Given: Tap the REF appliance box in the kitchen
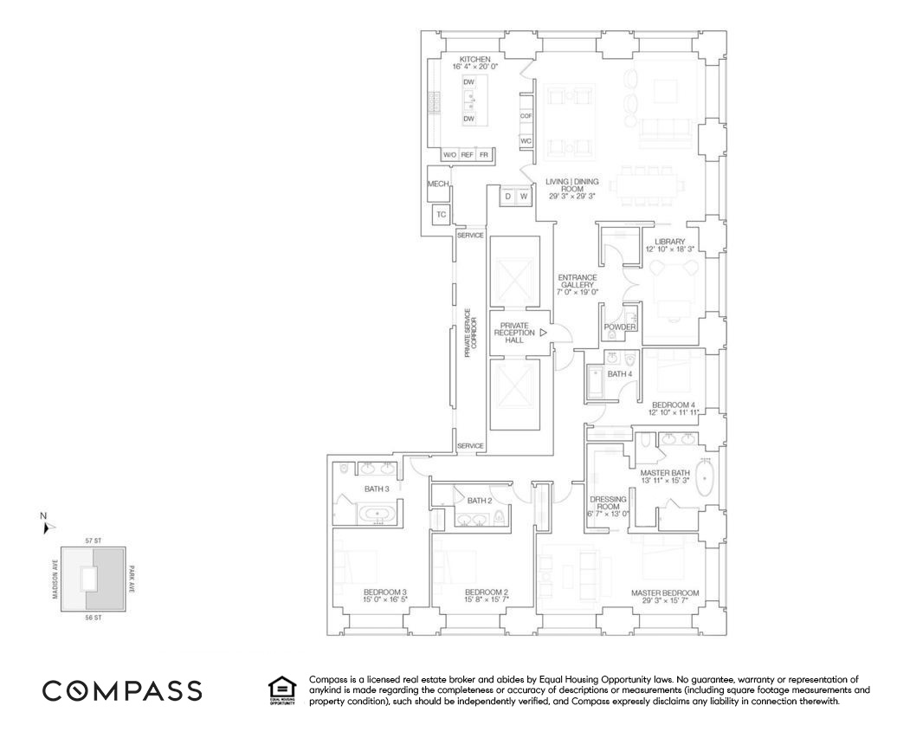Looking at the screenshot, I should [x=468, y=154].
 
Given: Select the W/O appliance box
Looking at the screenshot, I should [x=449, y=154].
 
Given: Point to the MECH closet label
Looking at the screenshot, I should [x=438, y=184].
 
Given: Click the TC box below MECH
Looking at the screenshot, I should [x=441, y=214].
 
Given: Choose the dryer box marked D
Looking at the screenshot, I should [x=507, y=197].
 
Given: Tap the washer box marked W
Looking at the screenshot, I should [x=524, y=197].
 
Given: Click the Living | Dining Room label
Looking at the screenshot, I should [x=572, y=188].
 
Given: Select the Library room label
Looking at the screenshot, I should [x=669, y=244].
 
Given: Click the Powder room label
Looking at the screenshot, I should [x=620, y=327].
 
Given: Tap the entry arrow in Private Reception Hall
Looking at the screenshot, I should [x=543, y=332].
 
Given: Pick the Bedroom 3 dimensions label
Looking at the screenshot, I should [x=385, y=599].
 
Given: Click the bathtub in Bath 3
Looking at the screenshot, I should [x=378, y=516].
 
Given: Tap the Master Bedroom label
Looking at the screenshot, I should [x=664, y=593].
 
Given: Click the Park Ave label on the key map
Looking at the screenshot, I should [x=132, y=578].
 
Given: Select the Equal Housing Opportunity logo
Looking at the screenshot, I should [x=283, y=690].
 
